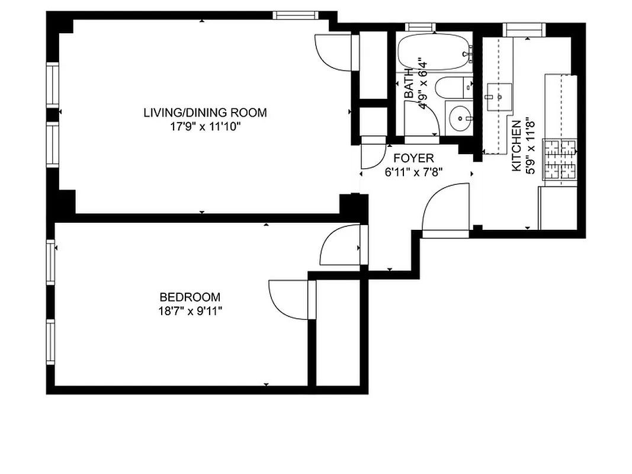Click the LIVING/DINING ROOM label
tap(205, 113)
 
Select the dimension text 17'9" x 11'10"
tap(205, 126)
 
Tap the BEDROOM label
tap(190, 297)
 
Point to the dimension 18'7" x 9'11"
tap(190, 311)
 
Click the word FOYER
tap(414, 159)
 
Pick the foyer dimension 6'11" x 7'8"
tap(414, 172)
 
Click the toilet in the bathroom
tap(453, 88)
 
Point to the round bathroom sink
tap(459, 118)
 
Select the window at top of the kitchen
tap(523, 28)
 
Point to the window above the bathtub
tap(421, 27)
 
